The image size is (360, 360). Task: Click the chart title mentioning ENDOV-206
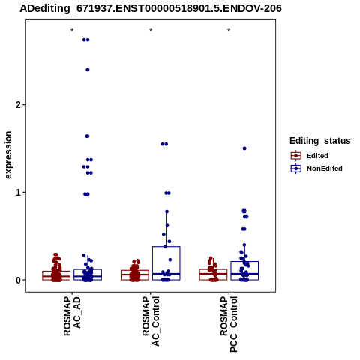click(151, 8)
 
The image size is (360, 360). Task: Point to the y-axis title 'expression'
click(8, 155)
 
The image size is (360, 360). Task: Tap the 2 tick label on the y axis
click(18, 105)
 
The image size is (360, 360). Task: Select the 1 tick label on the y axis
click(18, 193)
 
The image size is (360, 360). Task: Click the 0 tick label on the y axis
click(18, 280)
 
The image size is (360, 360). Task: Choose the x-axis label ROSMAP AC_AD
click(72, 316)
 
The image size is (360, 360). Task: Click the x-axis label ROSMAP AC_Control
click(151, 321)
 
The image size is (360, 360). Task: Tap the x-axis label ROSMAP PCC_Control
click(229, 324)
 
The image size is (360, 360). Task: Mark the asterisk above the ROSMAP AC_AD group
click(72, 31)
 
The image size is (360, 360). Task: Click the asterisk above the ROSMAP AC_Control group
click(151, 31)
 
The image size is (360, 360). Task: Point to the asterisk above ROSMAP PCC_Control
click(229, 31)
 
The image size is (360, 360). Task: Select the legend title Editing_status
click(320, 141)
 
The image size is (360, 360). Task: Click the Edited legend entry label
click(317, 156)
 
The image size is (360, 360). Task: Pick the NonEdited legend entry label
click(325, 169)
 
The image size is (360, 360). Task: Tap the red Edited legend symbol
click(296, 156)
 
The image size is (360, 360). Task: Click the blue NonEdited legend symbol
click(296, 169)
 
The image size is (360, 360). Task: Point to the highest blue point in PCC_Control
click(244, 148)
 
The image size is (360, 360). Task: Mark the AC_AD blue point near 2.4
click(88, 70)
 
